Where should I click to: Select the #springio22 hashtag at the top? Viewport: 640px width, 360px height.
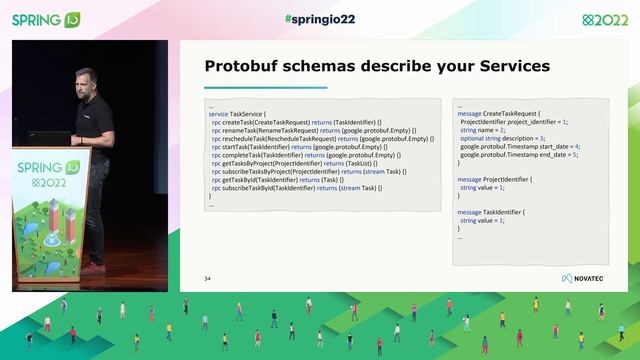click(319, 19)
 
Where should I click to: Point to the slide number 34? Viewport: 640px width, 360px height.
click(208, 277)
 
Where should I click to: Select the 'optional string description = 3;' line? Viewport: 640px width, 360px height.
click(502, 138)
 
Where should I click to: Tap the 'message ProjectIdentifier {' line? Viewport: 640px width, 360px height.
click(495, 179)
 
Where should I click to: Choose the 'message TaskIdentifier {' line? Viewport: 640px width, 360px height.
click(490, 212)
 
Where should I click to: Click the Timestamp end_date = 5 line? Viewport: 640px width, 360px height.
click(519, 154)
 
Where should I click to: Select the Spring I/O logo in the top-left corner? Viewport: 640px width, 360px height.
click(45, 19)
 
